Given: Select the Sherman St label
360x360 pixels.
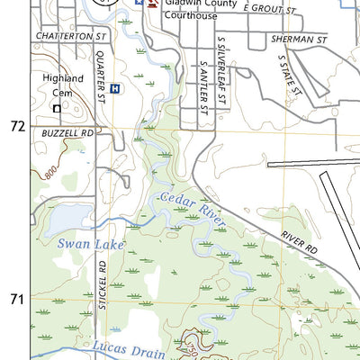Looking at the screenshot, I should click(297, 40).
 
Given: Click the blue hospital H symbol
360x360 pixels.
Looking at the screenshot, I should click(114, 88).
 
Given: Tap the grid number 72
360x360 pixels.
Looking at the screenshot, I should click(16, 127).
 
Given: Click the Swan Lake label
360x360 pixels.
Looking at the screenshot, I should click(90, 243).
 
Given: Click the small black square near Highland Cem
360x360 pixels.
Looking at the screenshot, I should click(56, 108).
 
